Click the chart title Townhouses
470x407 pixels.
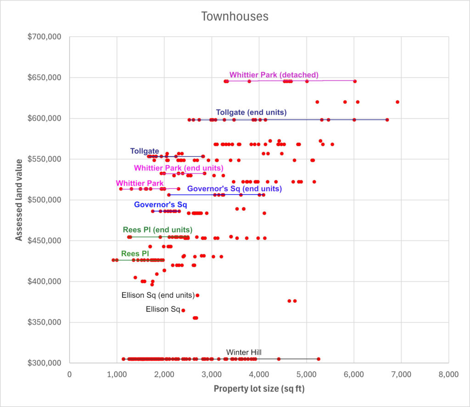pos(235,17)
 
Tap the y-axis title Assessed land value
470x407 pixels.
pos(19,200)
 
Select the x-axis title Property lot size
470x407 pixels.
pos(259,389)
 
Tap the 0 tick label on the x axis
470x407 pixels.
pos(69,374)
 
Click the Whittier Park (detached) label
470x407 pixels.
pos(274,75)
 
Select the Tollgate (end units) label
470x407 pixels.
pos(251,112)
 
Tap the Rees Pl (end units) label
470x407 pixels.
pos(157,229)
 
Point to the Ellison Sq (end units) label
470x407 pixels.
pos(157,295)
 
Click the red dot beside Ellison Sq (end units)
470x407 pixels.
pos(197,295)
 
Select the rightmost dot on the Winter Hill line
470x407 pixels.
pos(319,359)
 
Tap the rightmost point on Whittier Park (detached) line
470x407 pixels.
pos(355,81)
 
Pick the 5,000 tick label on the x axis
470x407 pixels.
pos(306,374)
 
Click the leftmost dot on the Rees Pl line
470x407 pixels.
pos(113,260)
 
